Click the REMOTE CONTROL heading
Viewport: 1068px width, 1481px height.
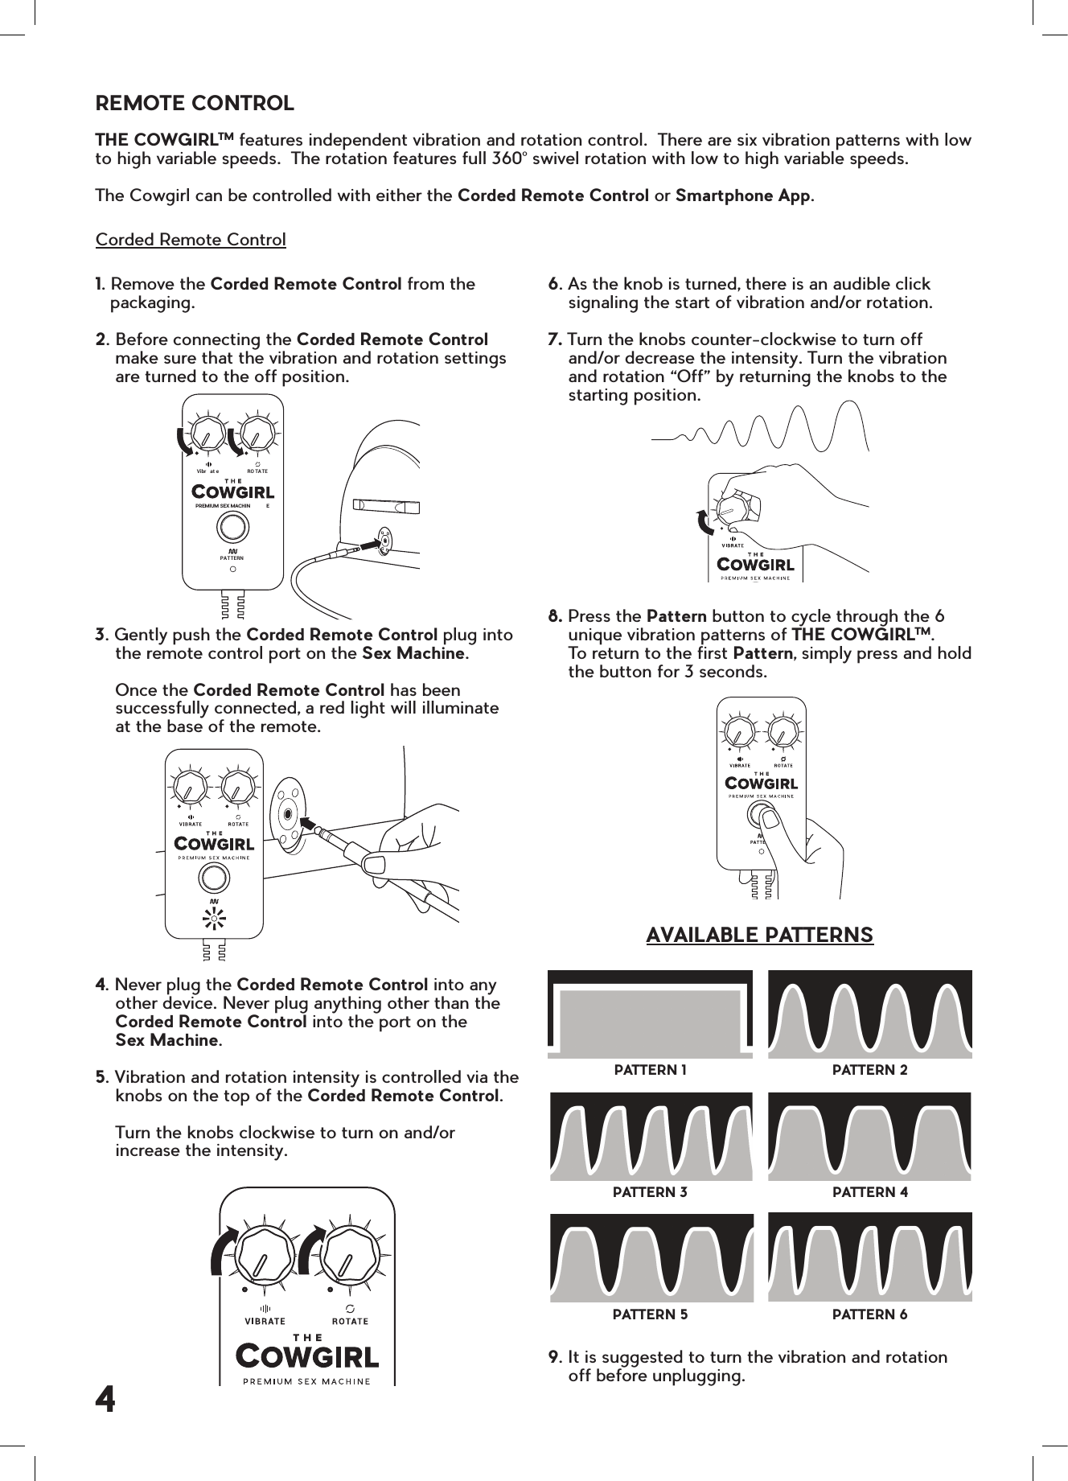[195, 104]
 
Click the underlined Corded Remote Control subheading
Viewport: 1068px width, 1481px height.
[191, 240]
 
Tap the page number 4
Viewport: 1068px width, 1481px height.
[105, 1401]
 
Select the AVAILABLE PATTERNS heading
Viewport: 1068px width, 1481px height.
[759, 935]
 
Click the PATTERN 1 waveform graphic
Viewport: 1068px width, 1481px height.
[650, 1014]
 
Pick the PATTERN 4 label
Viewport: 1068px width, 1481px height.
[869, 1192]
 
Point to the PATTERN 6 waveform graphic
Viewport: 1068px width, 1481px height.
[869, 1257]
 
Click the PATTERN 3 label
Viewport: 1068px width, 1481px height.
[650, 1192]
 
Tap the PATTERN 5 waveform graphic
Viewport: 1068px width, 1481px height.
[651, 1257]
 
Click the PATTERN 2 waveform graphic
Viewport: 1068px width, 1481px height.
[869, 1014]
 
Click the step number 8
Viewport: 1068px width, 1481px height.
[554, 617]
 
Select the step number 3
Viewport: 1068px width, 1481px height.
[101, 636]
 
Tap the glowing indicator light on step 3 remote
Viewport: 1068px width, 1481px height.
[214, 918]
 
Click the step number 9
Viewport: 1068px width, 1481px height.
[554, 1357]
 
